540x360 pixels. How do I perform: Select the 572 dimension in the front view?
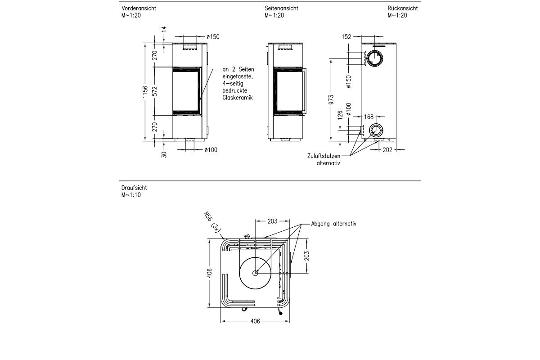154,91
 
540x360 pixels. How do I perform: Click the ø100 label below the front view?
210,150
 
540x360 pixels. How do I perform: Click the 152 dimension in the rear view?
346,37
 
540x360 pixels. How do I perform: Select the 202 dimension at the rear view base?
387,150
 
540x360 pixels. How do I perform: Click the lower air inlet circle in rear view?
375,130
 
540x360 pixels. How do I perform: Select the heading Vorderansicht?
139,9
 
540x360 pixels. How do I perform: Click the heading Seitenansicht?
281,9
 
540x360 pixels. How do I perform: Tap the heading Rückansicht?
403,9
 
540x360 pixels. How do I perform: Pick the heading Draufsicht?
134,188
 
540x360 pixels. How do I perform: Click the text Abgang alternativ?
333,223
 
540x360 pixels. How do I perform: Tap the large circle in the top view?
255,273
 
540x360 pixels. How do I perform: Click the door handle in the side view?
306,91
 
